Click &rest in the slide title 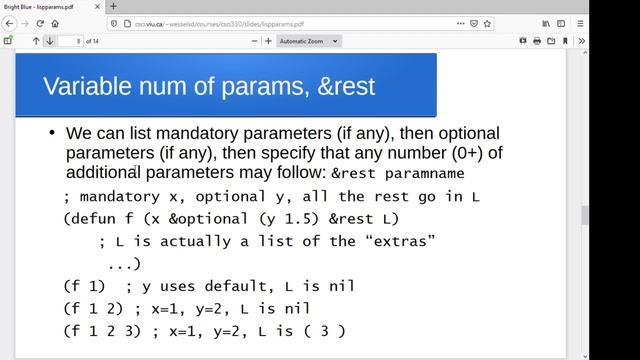(x=342, y=86)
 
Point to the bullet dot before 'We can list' (x=51, y=133)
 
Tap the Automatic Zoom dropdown (x=309, y=41)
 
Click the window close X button (x=627, y=6)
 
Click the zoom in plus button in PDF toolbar (x=268, y=41)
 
